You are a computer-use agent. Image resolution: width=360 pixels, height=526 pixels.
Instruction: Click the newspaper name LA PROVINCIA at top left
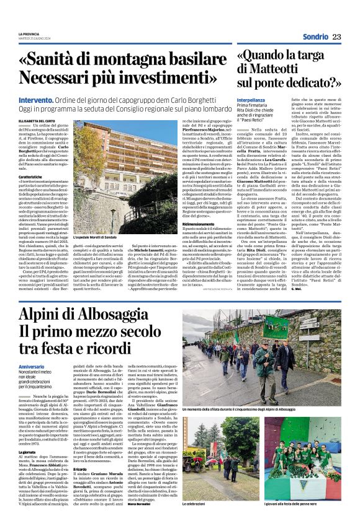(29, 33)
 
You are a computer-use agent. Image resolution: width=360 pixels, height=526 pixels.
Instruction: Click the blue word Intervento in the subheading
(35, 99)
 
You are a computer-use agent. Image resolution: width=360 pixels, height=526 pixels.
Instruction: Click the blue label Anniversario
(32, 367)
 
